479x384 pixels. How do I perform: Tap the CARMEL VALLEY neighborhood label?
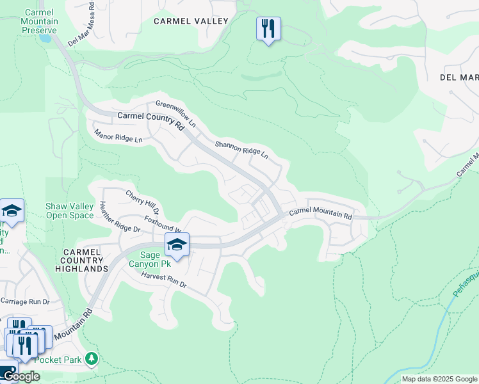(191, 21)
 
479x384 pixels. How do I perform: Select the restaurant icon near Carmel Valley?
(268, 29)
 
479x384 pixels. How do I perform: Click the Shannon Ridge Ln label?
(241, 151)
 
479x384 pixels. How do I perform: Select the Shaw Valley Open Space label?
(70, 211)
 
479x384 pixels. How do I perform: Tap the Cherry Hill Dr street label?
(142, 202)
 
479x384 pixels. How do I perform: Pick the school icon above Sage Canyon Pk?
(177, 244)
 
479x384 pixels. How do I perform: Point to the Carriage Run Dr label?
(25, 301)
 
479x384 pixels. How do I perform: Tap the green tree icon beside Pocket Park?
(93, 358)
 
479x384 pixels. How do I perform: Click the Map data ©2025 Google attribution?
(439, 379)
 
